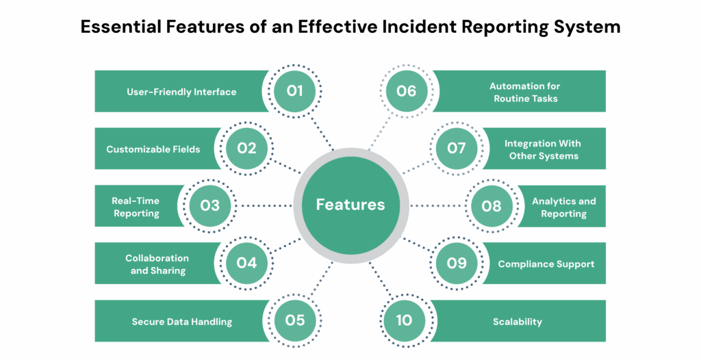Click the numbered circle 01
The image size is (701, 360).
point(295,91)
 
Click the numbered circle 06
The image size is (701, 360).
point(406,91)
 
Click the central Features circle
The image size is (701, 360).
point(350,205)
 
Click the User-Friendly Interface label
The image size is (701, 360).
point(181,92)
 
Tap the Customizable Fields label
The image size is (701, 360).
point(153,149)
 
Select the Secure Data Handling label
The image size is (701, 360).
point(181,322)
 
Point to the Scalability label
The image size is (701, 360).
point(517,322)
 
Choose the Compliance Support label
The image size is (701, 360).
point(546,264)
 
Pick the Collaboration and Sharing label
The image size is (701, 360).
point(157,264)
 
